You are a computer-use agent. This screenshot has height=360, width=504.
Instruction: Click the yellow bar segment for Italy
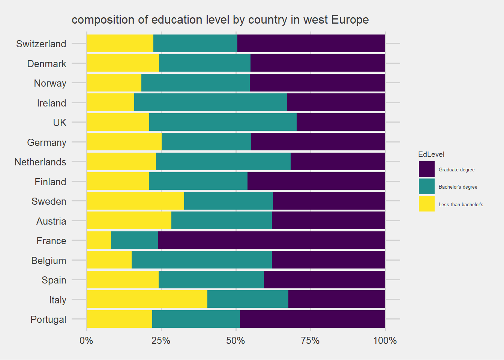(x=147, y=299)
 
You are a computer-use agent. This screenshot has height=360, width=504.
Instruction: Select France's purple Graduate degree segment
(x=271, y=240)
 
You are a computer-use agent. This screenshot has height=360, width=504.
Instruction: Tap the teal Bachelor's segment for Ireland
(x=211, y=102)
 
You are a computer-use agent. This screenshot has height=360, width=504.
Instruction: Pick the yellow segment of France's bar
(x=99, y=240)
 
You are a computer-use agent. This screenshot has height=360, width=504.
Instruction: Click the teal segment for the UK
(x=223, y=122)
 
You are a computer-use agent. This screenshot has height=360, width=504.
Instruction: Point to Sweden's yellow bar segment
(x=135, y=201)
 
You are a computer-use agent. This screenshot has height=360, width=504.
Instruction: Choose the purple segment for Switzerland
(x=311, y=43)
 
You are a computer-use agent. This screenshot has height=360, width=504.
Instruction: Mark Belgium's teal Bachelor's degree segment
(x=202, y=260)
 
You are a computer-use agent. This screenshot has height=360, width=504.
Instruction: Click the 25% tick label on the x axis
(x=161, y=340)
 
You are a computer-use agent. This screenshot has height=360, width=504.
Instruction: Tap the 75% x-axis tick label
(x=310, y=340)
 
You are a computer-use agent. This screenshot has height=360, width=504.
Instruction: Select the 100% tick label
(x=385, y=340)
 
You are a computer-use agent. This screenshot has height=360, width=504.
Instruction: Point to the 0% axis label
(x=87, y=340)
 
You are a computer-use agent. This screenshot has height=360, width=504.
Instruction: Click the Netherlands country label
(x=40, y=162)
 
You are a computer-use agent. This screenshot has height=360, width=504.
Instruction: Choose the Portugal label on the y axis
(x=48, y=319)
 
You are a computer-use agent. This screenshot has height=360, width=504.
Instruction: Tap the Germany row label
(x=47, y=142)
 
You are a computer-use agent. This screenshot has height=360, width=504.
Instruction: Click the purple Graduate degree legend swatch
(x=427, y=169)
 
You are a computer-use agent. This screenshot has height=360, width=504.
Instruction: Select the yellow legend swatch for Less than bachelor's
(x=427, y=204)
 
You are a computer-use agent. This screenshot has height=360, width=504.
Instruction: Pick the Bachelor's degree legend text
(x=458, y=187)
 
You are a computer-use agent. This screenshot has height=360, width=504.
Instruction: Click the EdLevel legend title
(x=431, y=154)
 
